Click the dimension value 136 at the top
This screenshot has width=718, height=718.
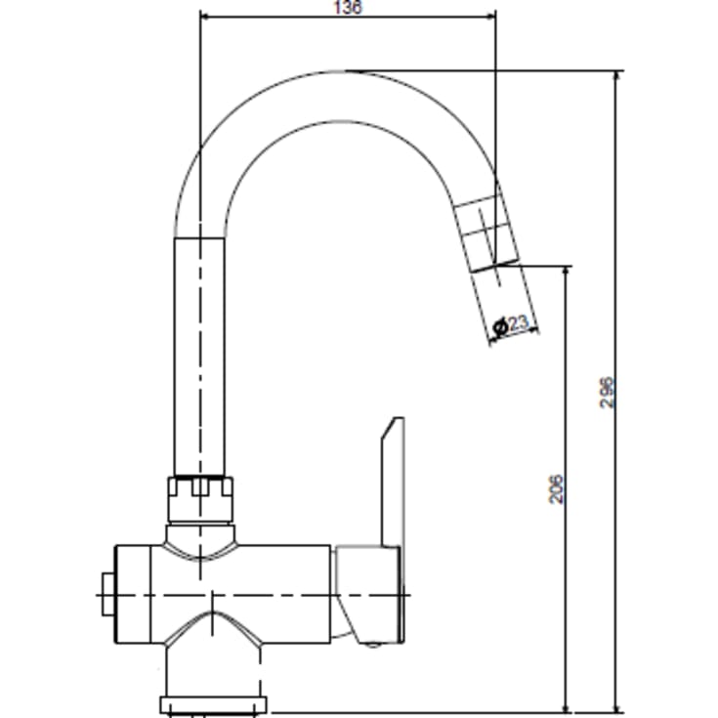tap(348, 8)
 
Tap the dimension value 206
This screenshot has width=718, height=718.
tap(555, 488)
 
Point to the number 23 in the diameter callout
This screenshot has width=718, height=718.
tap(518, 322)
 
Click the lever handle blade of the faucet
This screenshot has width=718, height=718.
tap(391, 479)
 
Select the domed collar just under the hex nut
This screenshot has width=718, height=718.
tap(200, 537)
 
